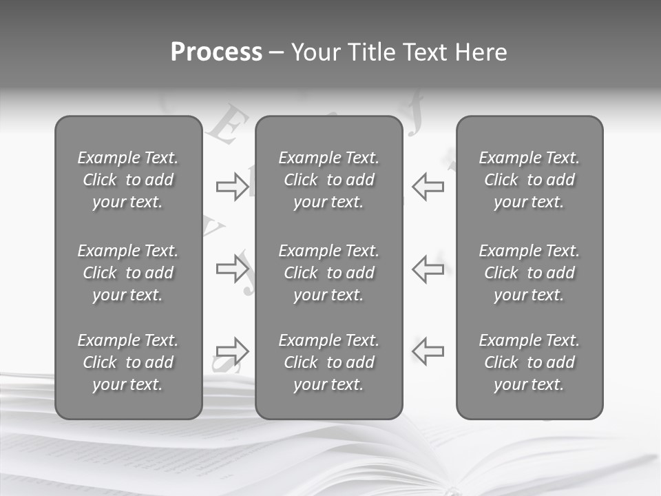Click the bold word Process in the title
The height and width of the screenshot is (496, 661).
216,52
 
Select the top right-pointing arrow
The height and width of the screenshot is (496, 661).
232,187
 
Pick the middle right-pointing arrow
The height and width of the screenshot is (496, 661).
232,269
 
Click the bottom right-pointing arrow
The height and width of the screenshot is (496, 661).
232,351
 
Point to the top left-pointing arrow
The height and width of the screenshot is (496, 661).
428,187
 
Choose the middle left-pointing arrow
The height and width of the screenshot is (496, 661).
428,269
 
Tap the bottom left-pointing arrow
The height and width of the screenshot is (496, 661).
428,351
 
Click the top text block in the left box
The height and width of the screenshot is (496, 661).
128,180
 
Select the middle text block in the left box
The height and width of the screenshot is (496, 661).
128,273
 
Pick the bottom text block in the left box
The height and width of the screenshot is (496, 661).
128,362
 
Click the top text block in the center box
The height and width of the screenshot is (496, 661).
328,180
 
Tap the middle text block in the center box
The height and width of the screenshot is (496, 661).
328,273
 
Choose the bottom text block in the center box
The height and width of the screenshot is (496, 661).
328,362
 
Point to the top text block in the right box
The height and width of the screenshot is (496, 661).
529,180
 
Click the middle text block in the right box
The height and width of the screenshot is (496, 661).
529,273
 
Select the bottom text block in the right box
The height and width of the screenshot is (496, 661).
529,362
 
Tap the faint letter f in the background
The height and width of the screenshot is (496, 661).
414,123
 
